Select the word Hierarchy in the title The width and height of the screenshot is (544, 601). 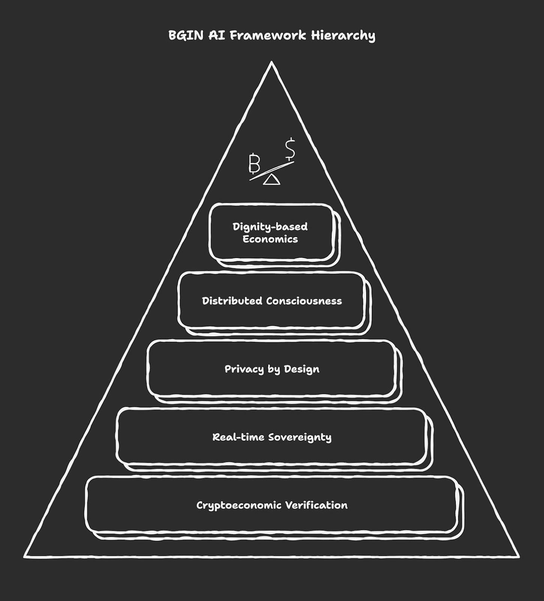pyautogui.click(x=343, y=36)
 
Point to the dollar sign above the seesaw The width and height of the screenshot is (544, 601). pyautogui.click(x=290, y=149)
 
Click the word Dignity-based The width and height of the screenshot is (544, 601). pyautogui.click(x=270, y=227)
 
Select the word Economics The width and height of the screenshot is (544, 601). pyautogui.click(x=270, y=239)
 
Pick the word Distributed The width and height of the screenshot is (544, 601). pyautogui.click(x=232, y=301)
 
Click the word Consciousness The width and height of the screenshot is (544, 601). pyautogui.click(x=304, y=301)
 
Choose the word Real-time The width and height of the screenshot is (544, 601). pyautogui.click(x=234, y=437)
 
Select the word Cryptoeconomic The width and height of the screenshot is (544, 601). pyautogui.click(x=239, y=506)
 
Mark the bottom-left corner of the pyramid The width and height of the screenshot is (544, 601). pyautogui.click(x=25, y=557)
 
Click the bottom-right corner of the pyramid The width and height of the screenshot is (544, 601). pyautogui.click(x=518, y=557)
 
